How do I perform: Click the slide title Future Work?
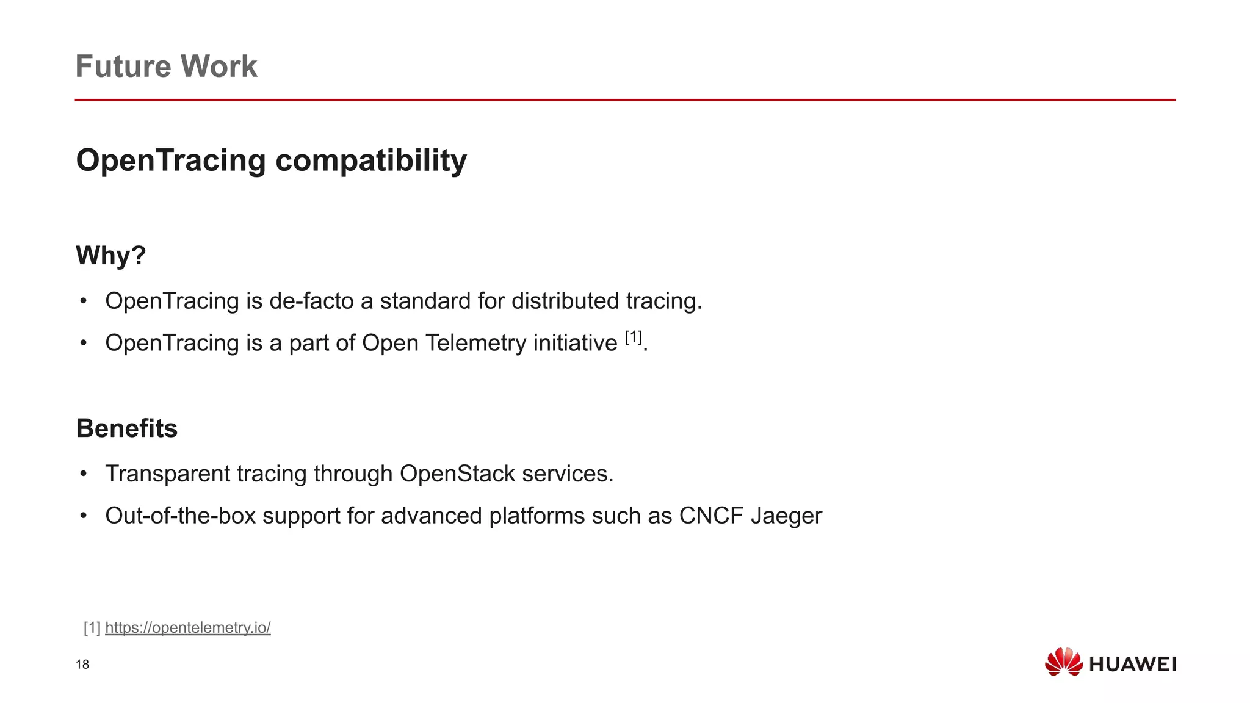[166, 66]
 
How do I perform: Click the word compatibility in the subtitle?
[371, 160]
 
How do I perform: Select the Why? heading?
[110, 255]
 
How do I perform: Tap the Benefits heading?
[127, 428]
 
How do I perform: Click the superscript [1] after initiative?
[634, 337]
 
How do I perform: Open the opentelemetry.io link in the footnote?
[187, 627]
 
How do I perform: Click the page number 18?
[82, 665]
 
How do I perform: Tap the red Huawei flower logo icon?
[1063, 662]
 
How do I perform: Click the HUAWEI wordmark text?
[1132, 665]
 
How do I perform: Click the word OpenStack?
[457, 474]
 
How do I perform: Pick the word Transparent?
[167, 474]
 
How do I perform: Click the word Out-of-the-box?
[180, 516]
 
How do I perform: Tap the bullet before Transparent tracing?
[84, 474]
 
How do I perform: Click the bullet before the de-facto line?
[84, 301]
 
